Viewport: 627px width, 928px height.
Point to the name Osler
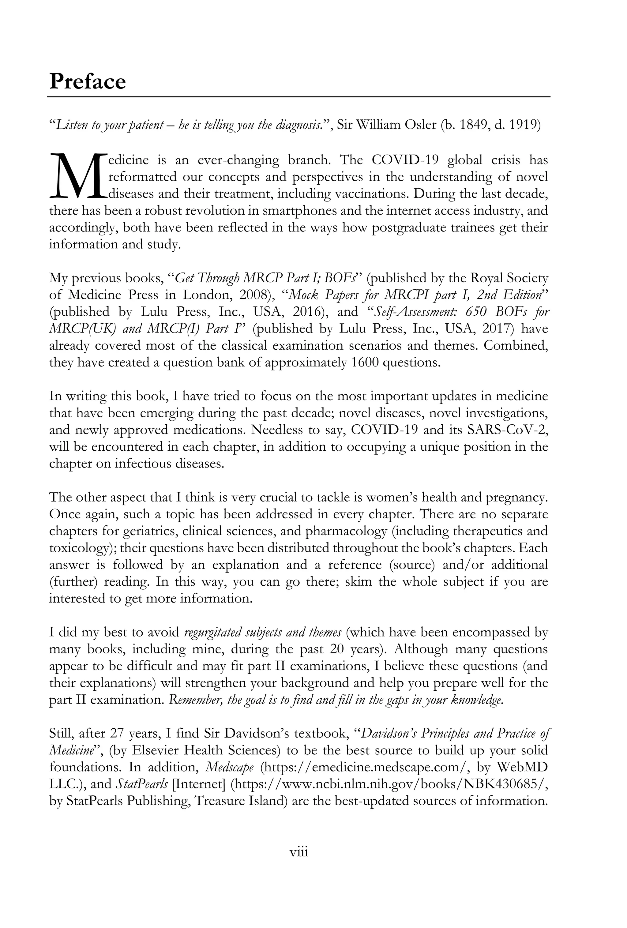click(419, 125)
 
